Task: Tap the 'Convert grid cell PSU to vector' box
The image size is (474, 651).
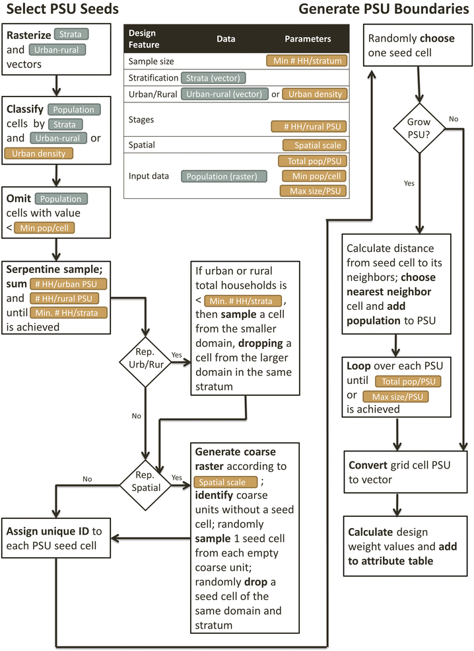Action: coord(397,472)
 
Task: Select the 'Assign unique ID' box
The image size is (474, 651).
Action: coord(56,538)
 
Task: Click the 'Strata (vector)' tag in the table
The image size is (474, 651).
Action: coord(215,78)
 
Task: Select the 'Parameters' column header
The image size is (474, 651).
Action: coord(308,39)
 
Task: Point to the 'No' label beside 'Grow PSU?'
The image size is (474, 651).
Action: coord(453,120)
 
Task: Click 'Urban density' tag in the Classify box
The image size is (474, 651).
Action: coord(38,153)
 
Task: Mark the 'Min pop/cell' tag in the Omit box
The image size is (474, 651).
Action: coord(46,228)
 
